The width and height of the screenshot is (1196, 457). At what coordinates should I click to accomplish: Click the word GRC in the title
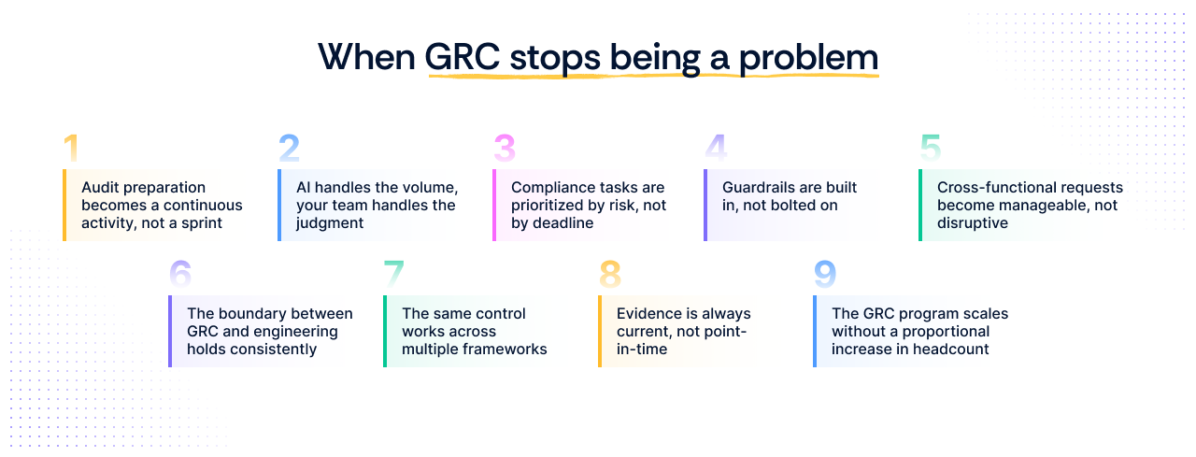coord(462,57)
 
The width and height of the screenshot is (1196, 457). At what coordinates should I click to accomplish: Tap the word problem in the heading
coord(808,57)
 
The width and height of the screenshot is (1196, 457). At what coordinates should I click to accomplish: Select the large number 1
coord(71,149)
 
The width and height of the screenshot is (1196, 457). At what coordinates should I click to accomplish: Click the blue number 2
coord(289,149)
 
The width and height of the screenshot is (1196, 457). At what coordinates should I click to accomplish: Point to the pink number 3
coord(505,149)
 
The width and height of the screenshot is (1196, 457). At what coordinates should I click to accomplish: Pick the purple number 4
coord(716,149)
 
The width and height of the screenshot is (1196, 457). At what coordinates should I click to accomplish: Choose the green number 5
coord(931,149)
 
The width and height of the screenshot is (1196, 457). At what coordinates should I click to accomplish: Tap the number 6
coord(180,274)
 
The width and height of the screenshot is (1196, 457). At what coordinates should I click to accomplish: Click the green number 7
coord(394,274)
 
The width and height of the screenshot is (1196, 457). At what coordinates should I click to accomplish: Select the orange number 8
coord(610,274)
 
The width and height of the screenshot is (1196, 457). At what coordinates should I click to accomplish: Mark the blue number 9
coord(825,274)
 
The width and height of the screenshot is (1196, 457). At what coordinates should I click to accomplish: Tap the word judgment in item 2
coord(330,223)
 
